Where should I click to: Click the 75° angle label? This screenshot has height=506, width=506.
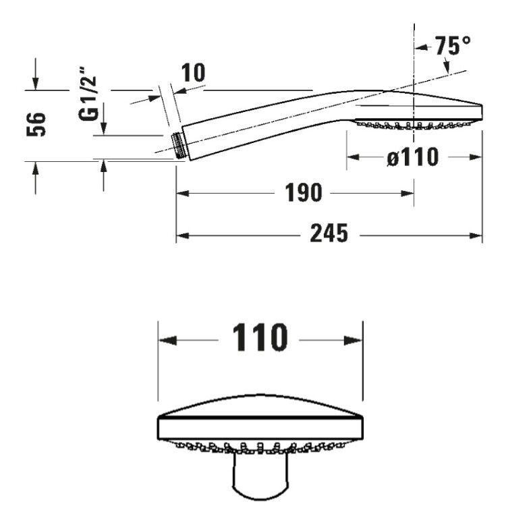click(x=453, y=45)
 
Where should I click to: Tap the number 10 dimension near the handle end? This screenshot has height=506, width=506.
click(x=193, y=73)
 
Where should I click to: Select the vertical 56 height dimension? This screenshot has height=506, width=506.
click(x=36, y=124)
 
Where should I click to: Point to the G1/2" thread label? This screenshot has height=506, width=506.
click(x=88, y=94)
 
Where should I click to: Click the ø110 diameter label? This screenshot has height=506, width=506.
click(x=413, y=157)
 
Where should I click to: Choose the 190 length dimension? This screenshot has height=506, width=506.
click(x=304, y=193)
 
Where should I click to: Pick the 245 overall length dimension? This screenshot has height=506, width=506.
click(x=329, y=233)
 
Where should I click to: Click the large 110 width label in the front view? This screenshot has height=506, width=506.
click(x=260, y=337)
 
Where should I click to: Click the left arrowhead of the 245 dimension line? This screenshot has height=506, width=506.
click(x=182, y=236)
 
